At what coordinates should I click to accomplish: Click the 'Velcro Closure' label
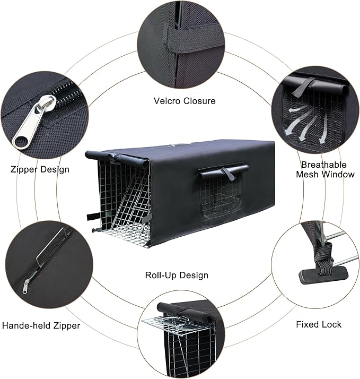tap(185, 100)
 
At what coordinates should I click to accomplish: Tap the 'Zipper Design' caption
tap(40, 170)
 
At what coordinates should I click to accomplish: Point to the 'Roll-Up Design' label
tap(177, 275)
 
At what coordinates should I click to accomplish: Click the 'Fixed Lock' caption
tap(319, 324)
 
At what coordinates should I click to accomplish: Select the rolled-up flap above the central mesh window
tap(223, 171)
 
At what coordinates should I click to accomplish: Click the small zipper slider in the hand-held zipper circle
tap(25, 287)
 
